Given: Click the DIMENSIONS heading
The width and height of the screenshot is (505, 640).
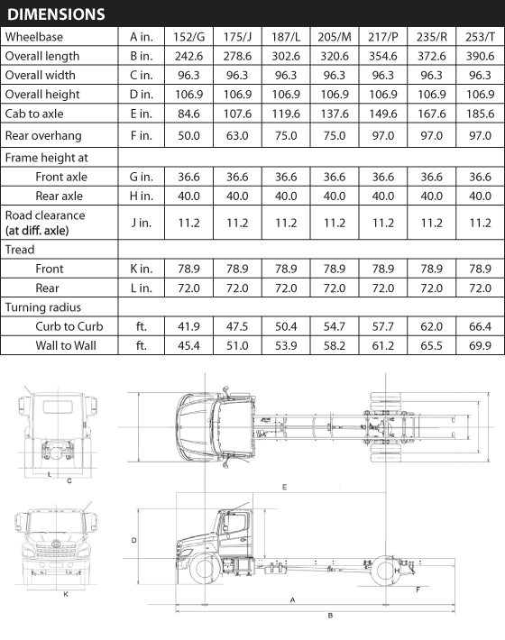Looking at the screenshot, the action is (56, 14).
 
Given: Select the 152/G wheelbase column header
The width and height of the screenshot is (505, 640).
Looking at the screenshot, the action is (188, 37).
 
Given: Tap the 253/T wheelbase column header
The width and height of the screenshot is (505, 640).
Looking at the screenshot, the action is (480, 37).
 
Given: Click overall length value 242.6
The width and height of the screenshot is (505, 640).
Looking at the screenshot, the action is (188, 56).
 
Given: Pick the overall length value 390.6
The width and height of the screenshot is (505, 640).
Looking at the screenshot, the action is (480, 56).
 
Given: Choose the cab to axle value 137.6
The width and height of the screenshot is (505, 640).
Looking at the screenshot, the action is (335, 114).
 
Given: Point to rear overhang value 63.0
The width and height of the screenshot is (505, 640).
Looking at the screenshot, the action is (237, 135).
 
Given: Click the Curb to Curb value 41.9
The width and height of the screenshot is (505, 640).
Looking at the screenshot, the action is (188, 326).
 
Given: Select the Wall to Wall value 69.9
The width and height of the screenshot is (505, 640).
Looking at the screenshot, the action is (480, 346).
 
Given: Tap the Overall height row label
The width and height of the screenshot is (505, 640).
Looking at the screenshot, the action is (42, 95).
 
